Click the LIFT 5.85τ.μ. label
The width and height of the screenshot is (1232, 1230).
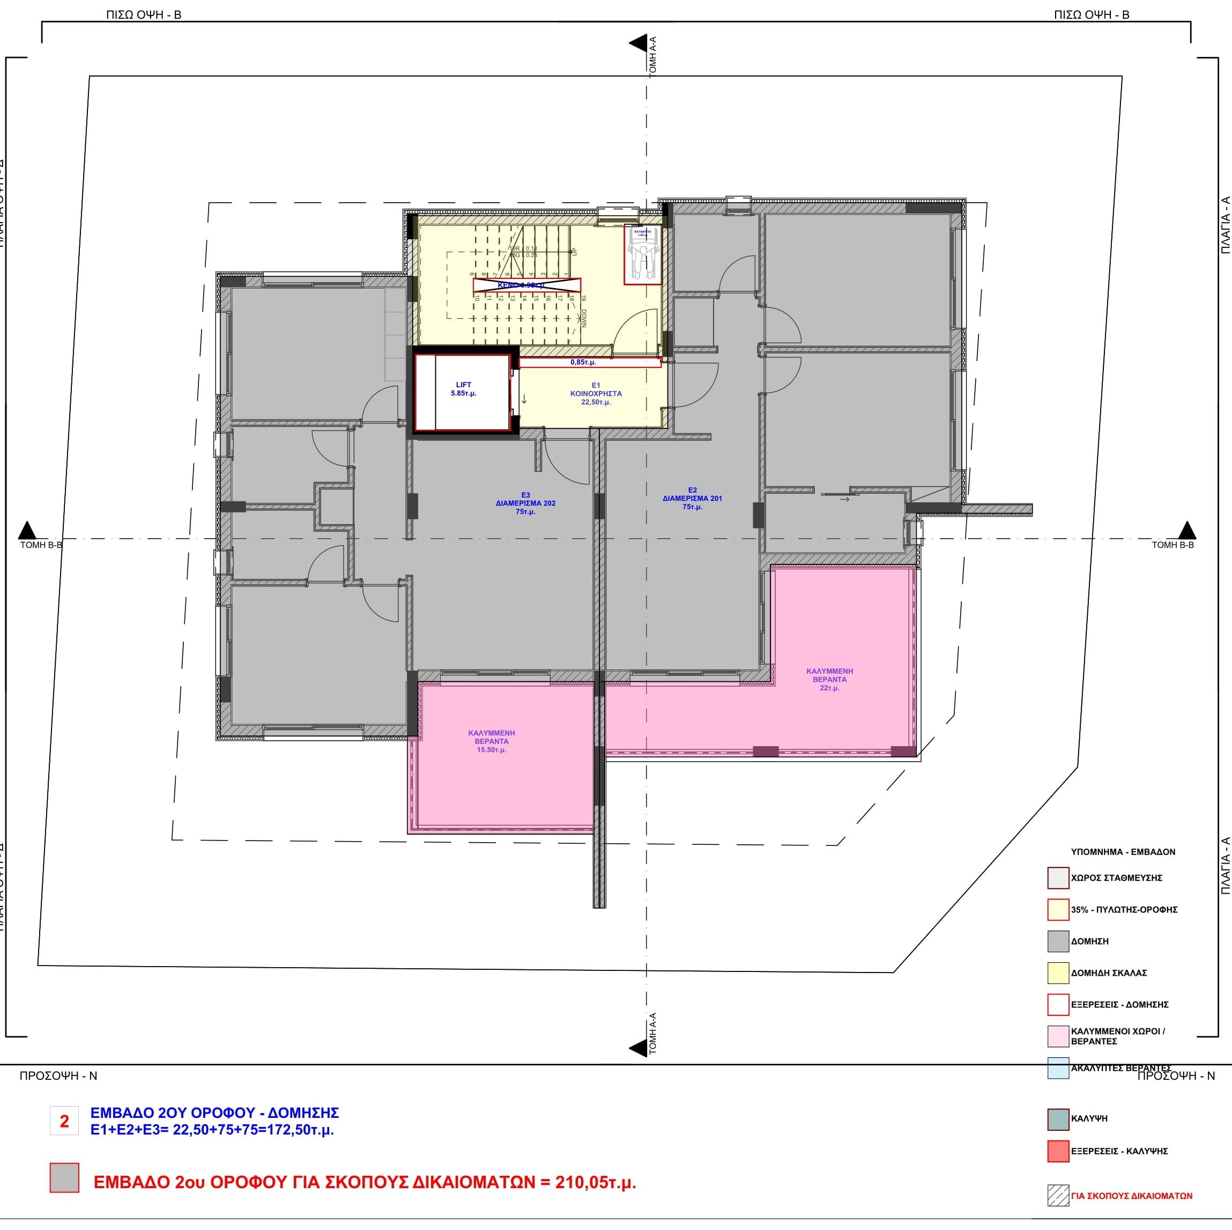tap(464, 389)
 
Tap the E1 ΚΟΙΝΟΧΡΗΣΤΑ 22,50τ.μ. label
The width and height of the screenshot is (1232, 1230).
tap(596, 394)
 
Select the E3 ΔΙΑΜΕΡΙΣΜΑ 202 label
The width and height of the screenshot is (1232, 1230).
tap(525, 503)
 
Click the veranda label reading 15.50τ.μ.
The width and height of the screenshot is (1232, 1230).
tap(492, 741)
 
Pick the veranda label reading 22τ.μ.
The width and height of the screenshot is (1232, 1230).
tap(829, 680)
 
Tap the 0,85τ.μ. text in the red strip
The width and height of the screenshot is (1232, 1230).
tap(583, 363)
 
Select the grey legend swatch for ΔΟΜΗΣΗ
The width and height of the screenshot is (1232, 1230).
tap(1058, 941)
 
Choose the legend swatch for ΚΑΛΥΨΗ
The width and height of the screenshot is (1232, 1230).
tap(1058, 1118)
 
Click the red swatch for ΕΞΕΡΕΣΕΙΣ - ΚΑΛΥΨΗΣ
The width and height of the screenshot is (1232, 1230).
tap(1058, 1151)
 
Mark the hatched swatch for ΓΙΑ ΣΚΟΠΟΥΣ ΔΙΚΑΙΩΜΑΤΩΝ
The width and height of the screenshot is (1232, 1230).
tap(1058, 1196)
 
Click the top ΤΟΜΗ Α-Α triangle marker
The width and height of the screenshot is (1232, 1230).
tap(637, 43)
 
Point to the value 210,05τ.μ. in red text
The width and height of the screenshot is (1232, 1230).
tap(595, 1182)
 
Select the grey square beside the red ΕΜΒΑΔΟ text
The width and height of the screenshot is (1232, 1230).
tap(64, 1177)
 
